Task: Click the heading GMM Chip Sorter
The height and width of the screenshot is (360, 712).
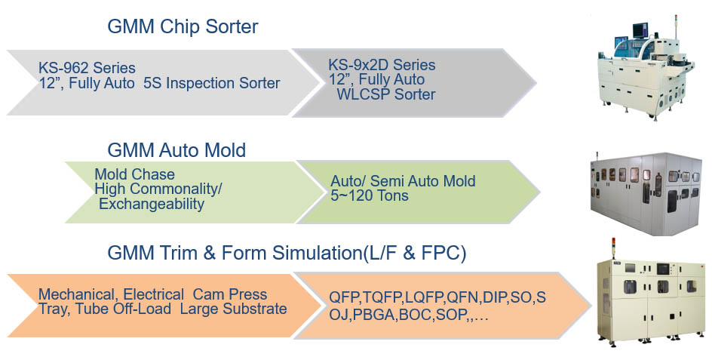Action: [183, 27]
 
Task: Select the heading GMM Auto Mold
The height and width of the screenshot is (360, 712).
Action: [176, 150]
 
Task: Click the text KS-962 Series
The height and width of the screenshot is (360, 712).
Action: [87, 68]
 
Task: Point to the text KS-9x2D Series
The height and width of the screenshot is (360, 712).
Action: [382, 65]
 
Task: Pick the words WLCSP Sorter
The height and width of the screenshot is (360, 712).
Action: [386, 94]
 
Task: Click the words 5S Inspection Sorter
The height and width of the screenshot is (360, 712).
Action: [212, 83]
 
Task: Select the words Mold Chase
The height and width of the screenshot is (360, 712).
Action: [134, 174]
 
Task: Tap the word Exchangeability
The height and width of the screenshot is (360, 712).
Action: [151, 204]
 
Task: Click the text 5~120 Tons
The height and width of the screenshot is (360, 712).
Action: [369, 196]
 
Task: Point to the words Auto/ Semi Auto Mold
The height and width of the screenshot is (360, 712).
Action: [403, 181]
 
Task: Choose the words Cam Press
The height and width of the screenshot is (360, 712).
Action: [230, 294]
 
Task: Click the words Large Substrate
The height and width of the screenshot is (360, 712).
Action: [233, 309]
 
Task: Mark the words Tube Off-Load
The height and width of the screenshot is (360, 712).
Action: [123, 309]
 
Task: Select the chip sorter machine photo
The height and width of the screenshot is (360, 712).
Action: [646, 67]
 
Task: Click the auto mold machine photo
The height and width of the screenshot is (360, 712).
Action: [646, 194]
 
